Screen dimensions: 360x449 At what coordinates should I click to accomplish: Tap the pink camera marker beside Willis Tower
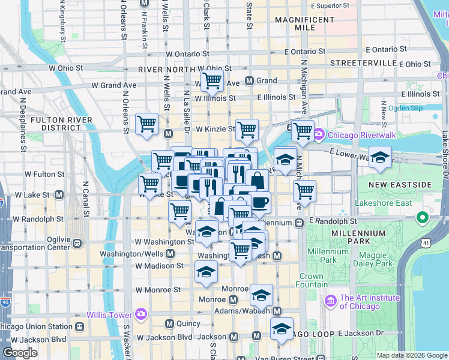point(141,314)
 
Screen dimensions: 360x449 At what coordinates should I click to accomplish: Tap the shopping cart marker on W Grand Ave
point(211,79)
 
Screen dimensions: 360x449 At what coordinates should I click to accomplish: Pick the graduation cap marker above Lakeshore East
point(379,157)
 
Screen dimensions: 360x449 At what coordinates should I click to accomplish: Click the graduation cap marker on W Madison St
point(206,272)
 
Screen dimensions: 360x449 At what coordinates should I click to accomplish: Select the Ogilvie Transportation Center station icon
point(77,243)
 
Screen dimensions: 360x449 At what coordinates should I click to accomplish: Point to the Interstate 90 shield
point(5,303)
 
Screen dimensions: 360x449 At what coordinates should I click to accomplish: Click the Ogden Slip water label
point(406,108)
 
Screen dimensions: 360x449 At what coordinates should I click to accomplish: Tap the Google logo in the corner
point(20,353)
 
